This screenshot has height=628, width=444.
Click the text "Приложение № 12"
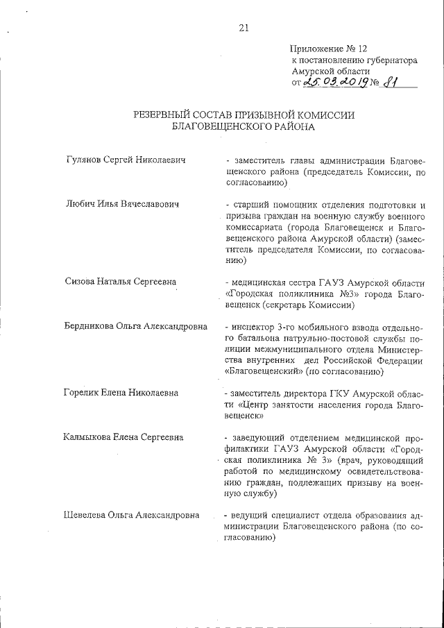coord(328,49)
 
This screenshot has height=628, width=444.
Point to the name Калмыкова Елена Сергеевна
coord(123,437)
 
